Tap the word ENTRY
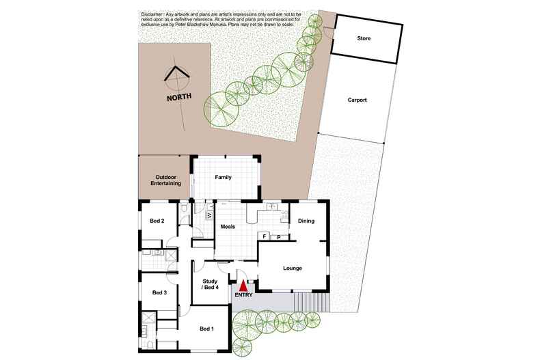click(243, 295)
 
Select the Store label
click(364, 39)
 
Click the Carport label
click(356, 100)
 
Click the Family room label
click(223, 177)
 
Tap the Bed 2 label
click(157, 221)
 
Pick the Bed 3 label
click(159, 292)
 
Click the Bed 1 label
click(206, 329)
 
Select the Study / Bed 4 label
click(210, 283)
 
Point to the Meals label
click(227, 226)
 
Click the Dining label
click(306, 221)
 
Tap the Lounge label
click(293, 268)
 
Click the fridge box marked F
click(264, 236)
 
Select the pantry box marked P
click(279, 237)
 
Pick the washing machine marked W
click(209, 216)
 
